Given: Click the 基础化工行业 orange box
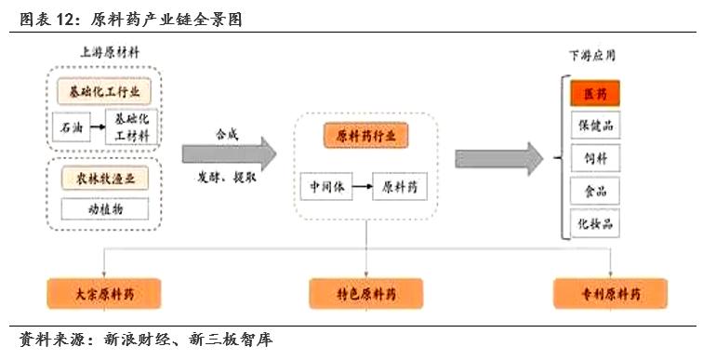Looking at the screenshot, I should pyautogui.click(x=103, y=92).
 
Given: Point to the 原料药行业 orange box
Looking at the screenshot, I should pyautogui.click(x=365, y=136).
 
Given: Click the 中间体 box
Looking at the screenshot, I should pyautogui.click(x=326, y=187).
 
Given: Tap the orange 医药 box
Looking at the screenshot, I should pyautogui.click(x=594, y=94).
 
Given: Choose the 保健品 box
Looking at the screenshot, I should pyautogui.click(x=594, y=126).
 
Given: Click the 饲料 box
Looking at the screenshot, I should pyautogui.click(x=594, y=158).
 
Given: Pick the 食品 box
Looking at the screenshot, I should pyautogui.click(x=594, y=191).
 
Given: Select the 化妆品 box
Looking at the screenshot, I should pyautogui.click(x=594, y=223).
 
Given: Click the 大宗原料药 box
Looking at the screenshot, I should pyautogui.click(x=103, y=294).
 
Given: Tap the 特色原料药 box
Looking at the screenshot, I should pyautogui.click(x=365, y=294).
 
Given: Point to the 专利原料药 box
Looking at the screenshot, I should pyautogui.click(x=609, y=294).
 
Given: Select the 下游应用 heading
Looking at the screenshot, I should pyautogui.click(x=592, y=56).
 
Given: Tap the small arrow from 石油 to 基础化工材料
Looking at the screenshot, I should pyautogui.click(x=98, y=126).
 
